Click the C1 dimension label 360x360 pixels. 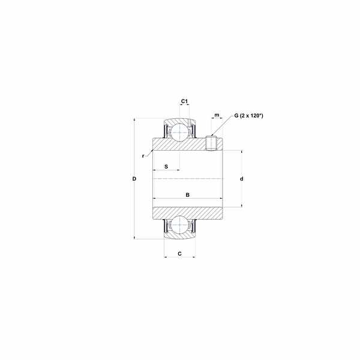(x=184, y=101)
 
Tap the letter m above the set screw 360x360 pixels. (x=217, y=115)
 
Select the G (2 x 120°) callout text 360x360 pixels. (x=248, y=115)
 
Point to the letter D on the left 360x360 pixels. (x=134, y=179)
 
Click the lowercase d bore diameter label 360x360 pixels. (x=242, y=179)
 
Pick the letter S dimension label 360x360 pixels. (x=166, y=166)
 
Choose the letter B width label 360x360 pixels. (x=188, y=195)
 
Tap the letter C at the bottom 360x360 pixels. (x=180, y=254)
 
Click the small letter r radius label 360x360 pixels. (x=143, y=156)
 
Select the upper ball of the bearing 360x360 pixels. (x=179, y=132)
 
